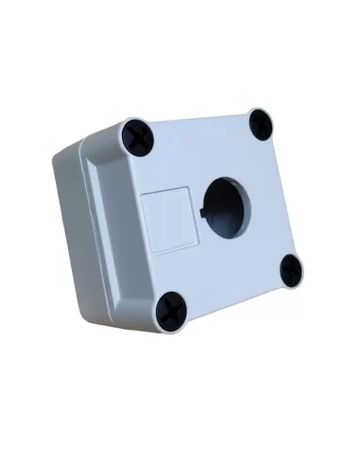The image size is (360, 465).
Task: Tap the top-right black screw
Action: (260, 122)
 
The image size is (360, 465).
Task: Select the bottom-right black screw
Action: (292, 270)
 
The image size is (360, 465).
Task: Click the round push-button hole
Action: (225, 205)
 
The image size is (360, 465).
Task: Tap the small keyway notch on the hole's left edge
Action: (202, 199)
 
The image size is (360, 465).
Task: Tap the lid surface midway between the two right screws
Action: (277, 197)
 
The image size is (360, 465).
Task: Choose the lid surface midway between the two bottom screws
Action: (232, 288)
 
